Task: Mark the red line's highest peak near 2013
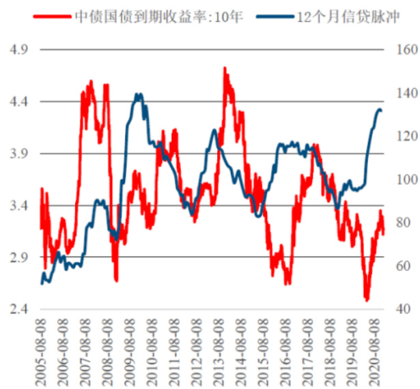225,68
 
